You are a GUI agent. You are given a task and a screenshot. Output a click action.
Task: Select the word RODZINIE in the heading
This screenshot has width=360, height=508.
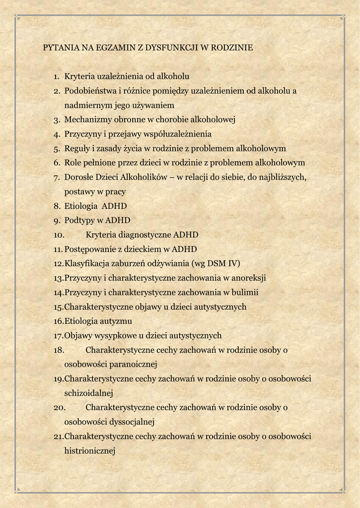(232, 48)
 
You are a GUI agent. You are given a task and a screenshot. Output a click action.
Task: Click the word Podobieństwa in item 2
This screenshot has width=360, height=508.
(90, 91)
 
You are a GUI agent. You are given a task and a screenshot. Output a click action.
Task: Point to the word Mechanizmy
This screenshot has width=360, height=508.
(86, 120)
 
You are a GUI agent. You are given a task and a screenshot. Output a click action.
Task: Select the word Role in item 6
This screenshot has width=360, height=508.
(72, 163)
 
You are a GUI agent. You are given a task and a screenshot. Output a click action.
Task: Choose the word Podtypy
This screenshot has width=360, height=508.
(79, 220)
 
